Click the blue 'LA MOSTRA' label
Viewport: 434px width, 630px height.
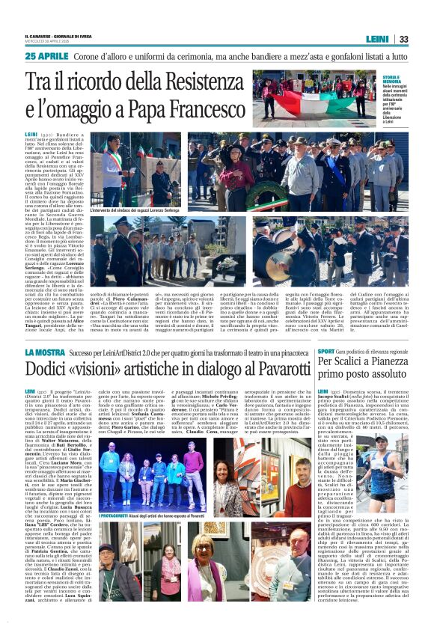coord(45,352)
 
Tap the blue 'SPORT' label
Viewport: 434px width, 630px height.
coord(326,351)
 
